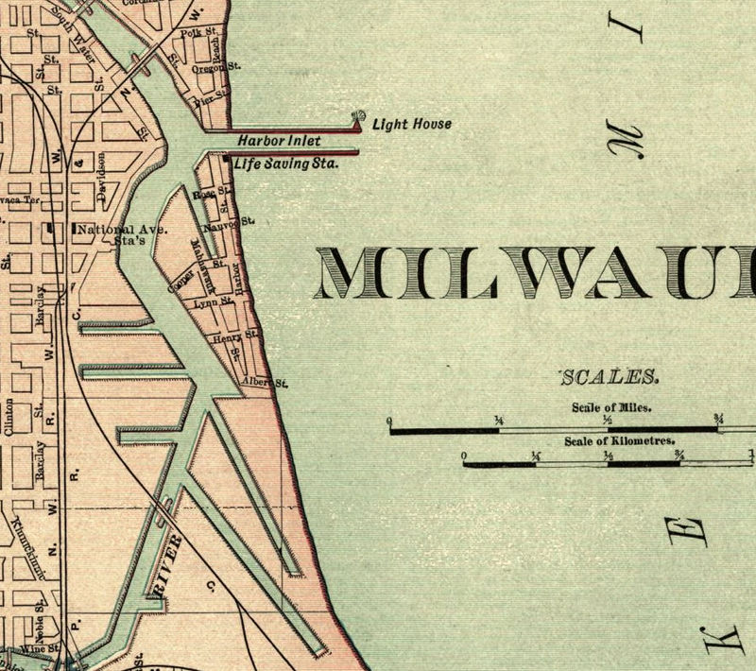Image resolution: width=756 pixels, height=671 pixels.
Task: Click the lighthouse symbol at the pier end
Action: pos(358,118)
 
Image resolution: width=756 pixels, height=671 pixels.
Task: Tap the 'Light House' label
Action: pos(411,124)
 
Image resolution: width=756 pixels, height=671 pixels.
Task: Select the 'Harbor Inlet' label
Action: pos(279,141)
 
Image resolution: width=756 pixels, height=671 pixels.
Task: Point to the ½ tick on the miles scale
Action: pos(609,419)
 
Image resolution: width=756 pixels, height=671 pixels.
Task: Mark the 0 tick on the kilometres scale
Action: pos(464,456)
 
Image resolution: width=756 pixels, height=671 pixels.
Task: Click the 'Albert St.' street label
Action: pos(264,382)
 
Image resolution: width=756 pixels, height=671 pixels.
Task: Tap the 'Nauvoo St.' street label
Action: pos(230,225)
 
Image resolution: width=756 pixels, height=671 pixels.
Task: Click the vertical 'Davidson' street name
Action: pos(99,175)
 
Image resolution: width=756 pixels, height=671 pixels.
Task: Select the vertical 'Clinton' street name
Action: pos(9,416)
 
